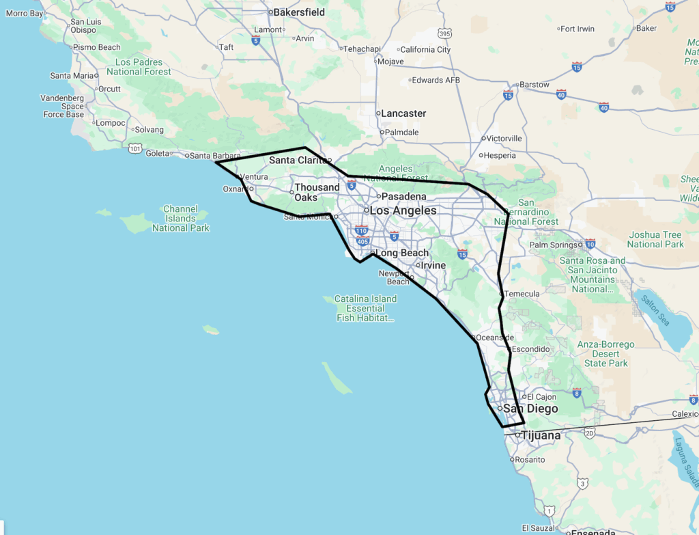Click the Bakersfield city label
click(299, 12)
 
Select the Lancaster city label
click(403, 113)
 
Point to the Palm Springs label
click(553, 245)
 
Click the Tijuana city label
click(541, 435)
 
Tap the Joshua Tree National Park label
click(655, 240)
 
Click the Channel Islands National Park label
click(180, 219)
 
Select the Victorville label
click(505, 139)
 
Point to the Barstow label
click(534, 85)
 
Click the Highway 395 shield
click(445, 33)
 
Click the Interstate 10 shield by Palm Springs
click(590, 243)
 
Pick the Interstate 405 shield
click(363, 241)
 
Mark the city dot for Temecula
click(502, 294)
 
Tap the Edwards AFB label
click(437, 81)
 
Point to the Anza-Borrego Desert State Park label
click(605, 354)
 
